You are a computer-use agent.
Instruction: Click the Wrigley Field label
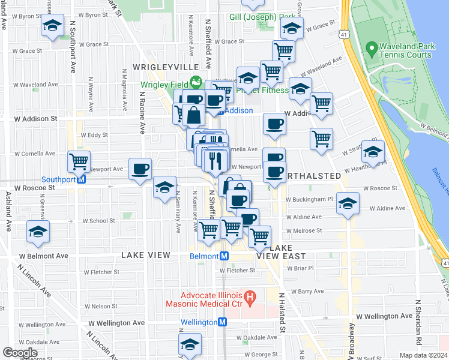pyautogui.click(x=163, y=85)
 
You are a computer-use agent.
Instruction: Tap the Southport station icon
pyautogui.click(x=82, y=179)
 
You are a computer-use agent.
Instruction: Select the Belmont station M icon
pyautogui.click(x=224, y=256)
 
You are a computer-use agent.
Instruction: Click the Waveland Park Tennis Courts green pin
pyautogui.click(x=372, y=47)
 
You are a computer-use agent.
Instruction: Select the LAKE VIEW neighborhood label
pyautogui.click(x=147, y=255)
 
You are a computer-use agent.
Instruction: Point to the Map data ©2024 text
pyautogui.click(x=423, y=355)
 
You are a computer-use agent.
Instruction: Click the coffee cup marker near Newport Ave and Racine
pyautogui.click(x=140, y=169)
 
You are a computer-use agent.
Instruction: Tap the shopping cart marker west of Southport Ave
pyautogui.click(x=79, y=161)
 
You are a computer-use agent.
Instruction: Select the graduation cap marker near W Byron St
pyautogui.click(x=52, y=25)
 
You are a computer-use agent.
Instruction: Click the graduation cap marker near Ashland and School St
pyautogui.click(x=38, y=231)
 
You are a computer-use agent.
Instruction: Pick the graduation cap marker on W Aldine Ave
pyautogui.click(x=348, y=203)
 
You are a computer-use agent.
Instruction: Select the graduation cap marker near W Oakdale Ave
pyautogui.click(x=190, y=345)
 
